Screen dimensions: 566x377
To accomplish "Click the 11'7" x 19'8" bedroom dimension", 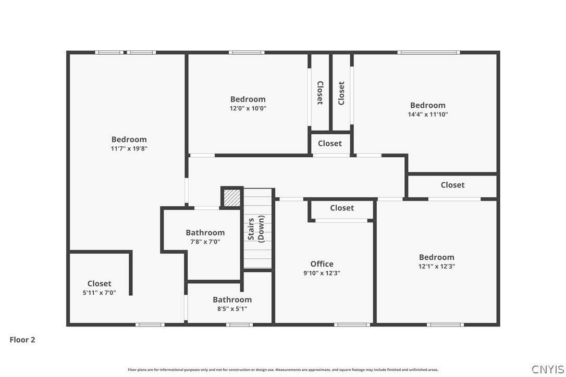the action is pos(129,148).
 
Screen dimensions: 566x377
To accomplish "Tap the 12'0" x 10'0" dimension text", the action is pos(248,108).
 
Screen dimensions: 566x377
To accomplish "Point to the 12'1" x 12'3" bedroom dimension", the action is pos(437,266).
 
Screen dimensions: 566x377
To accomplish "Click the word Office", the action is pos(322,263).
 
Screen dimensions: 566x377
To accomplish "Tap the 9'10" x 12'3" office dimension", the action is pos(322,273).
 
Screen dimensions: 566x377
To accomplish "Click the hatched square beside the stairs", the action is pos(232,198).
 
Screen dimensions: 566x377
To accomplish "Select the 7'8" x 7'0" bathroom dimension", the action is pos(205,242).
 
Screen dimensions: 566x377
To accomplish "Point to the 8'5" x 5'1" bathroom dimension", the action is pos(232,309).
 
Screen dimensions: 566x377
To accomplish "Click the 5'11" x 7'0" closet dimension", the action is pos(99,293).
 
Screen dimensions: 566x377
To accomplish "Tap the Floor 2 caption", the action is pos(22,340).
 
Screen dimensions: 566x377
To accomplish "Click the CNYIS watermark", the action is pos(548,369).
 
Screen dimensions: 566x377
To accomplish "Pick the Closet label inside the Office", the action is pos(342,208).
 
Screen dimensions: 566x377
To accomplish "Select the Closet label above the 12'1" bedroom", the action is pos(453,185).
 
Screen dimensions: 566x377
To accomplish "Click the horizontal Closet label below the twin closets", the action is pos(330,143).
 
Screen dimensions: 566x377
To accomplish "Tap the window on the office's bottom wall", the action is pos(352,325).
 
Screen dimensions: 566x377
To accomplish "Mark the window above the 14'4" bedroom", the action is pos(429,52).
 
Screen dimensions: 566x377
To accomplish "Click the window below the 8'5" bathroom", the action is pos(239,325).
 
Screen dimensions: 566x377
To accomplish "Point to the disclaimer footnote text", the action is pos(283,370).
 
